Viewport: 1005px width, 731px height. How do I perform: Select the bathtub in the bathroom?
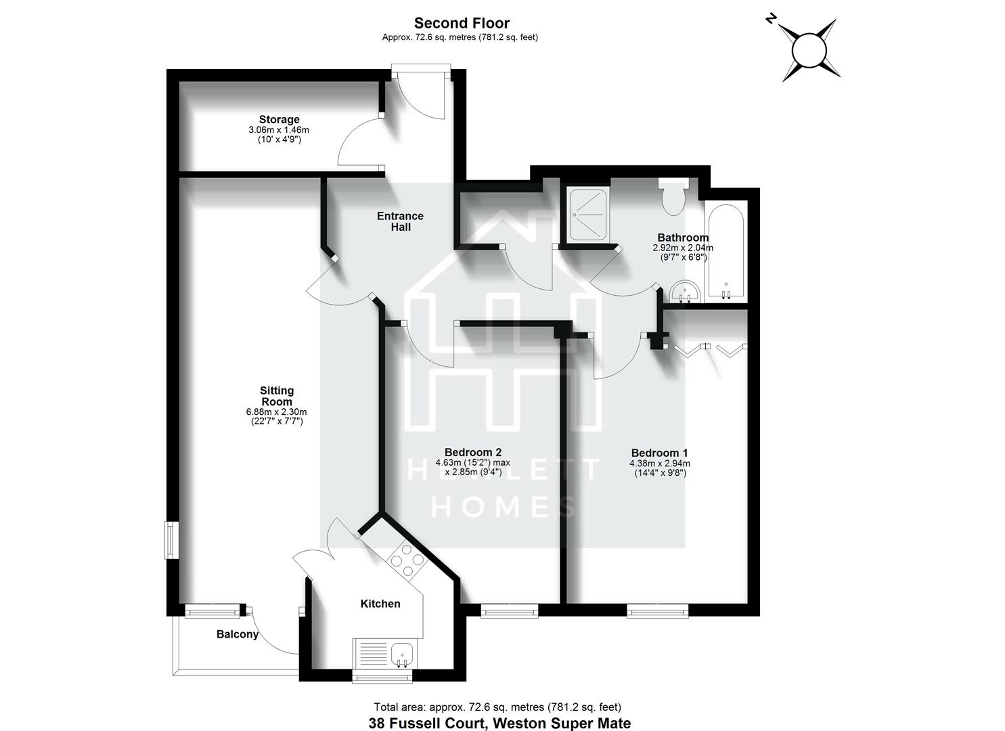click(x=725, y=252)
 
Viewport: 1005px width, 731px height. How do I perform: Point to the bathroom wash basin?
click(x=686, y=293)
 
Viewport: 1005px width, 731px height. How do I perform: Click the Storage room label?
click(x=279, y=120)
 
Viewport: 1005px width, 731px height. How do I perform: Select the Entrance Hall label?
click(x=400, y=221)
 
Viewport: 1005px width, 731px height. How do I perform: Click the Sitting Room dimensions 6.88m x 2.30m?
click(x=277, y=412)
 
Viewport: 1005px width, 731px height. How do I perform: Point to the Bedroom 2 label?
click(x=472, y=452)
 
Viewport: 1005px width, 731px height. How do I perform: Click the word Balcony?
click(x=238, y=634)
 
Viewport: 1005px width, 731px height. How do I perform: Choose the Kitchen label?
click(x=380, y=604)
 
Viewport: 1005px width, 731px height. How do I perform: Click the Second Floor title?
click(x=462, y=24)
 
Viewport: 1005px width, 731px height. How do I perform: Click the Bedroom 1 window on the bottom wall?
click(x=657, y=611)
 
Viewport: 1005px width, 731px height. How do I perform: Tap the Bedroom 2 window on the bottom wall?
click(x=510, y=611)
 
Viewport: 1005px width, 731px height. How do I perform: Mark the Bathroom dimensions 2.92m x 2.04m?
click(x=683, y=248)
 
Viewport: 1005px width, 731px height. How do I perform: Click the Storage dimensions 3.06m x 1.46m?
click(x=279, y=130)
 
